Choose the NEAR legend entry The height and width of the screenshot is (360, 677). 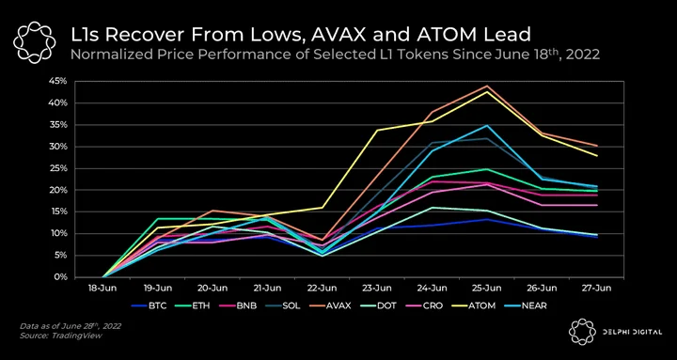click(527, 306)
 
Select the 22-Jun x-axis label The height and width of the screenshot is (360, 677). click(322, 289)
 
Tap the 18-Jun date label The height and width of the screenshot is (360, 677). click(102, 289)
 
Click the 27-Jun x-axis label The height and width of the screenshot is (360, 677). click(596, 289)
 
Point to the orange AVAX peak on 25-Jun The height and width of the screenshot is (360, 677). click(487, 86)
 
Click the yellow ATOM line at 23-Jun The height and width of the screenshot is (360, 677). click(377, 130)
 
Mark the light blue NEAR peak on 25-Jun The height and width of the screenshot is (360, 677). click(487, 125)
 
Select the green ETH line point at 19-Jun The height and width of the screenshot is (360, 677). click(158, 219)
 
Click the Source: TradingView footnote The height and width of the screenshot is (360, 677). click(61, 336)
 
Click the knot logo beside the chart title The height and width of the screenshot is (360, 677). click(35, 42)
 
